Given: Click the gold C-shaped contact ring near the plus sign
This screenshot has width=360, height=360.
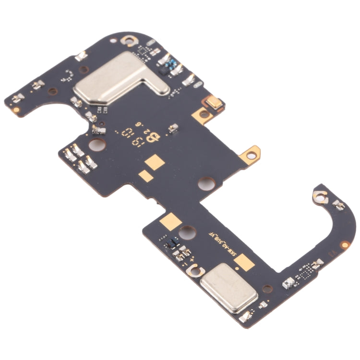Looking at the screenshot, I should point(193,271).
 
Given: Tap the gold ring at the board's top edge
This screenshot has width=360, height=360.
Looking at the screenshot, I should point(128,41).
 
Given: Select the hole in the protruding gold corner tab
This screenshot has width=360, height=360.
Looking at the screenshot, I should point(251,154).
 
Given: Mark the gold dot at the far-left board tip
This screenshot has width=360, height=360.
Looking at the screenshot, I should point(17,110).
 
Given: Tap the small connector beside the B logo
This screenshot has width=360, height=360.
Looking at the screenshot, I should point(173,128).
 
